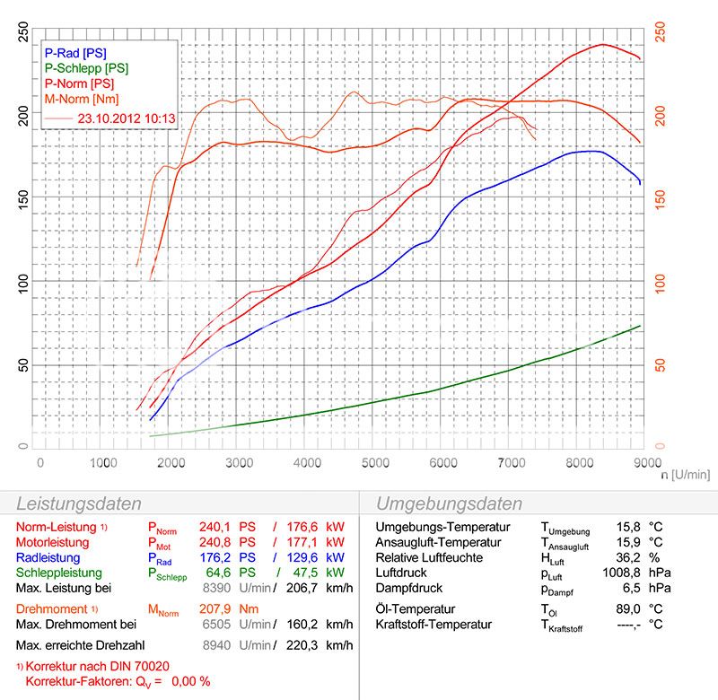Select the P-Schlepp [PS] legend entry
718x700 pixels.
click(86, 67)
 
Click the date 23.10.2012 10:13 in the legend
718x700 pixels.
click(127, 116)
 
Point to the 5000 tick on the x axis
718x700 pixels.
click(375, 461)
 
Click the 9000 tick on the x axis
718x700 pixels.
click(644, 461)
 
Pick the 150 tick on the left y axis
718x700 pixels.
click(23, 197)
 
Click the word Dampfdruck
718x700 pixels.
click(407, 588)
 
